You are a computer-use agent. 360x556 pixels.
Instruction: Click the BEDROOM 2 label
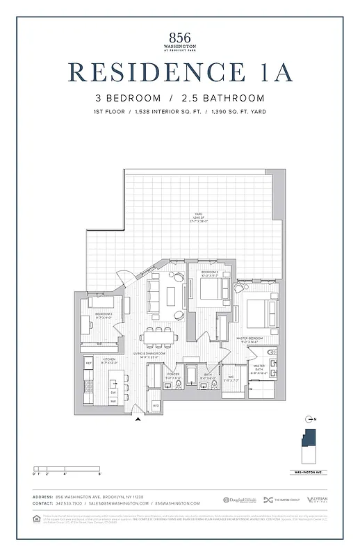(x=210, y=272)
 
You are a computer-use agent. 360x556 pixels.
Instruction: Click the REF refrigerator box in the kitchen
(x=89, y=363)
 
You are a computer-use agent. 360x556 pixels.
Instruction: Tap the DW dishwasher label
(x=113, y=393)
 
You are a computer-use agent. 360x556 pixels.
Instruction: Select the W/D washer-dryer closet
(x=156, y=404)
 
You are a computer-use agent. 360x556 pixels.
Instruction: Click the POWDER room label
(x=173, y=375)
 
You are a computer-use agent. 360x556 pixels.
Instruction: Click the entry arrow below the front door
(x=138, y=418)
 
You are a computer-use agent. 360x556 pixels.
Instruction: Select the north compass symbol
(x=309, y=418)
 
